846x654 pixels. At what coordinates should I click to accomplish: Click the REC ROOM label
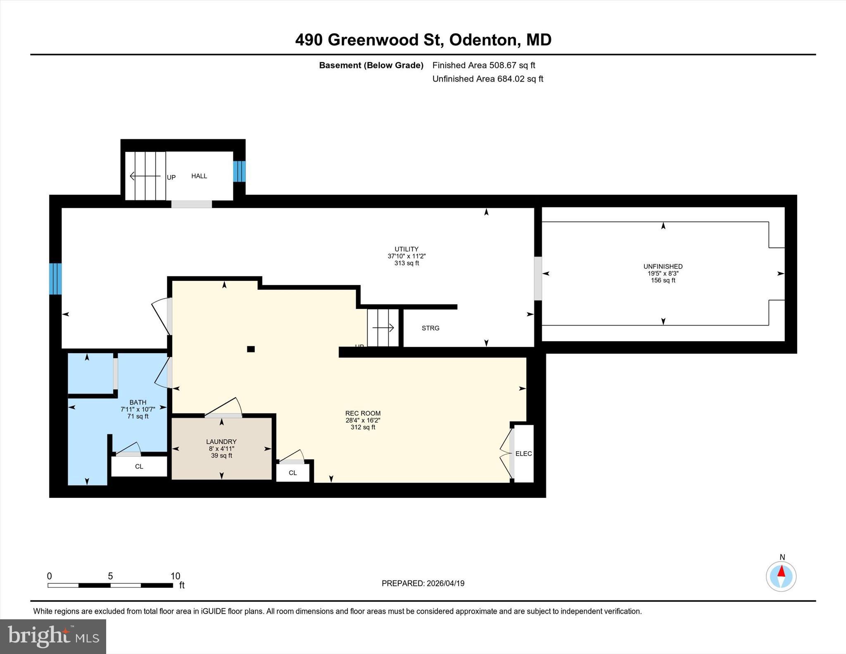pos(363,413)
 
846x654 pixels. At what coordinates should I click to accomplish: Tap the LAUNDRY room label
pos(221,442)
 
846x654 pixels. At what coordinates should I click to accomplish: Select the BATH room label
pos(138,402)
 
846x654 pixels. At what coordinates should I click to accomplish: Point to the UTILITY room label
pos(406,249)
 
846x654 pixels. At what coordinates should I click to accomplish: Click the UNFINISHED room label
pos(663,266)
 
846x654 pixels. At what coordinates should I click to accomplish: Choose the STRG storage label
pos(430,328)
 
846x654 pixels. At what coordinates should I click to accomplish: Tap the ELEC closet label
pos(523,454)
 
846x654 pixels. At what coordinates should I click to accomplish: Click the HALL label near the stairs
pos(199,176)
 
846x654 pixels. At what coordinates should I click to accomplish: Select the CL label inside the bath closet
pos(139,466)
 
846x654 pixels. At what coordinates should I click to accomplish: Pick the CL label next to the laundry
pos(292,473)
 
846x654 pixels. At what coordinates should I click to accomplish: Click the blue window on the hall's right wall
pos(239,171)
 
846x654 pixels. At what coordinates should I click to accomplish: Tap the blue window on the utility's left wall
pos(55,279)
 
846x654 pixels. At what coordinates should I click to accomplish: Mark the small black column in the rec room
pos(251,349)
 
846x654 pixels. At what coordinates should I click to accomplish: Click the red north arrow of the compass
pos(781,571)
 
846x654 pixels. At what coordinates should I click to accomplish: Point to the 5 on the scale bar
pos(110,576)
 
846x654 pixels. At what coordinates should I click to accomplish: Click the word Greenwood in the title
pos(373,40)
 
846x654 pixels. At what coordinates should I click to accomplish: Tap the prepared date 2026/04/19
pos(445,583)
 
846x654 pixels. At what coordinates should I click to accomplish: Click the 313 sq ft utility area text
pos(406,263)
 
